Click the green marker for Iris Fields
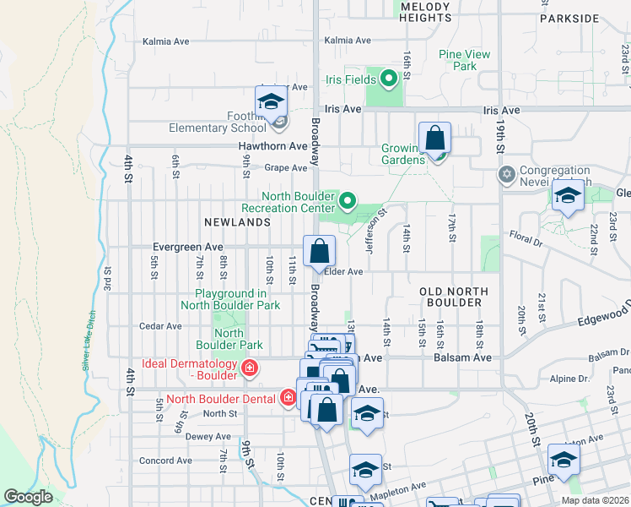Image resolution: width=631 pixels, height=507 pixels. (389, 79)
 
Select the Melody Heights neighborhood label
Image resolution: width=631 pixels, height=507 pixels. (425, 12)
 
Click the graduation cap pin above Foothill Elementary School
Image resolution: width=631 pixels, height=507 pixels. (271, 102)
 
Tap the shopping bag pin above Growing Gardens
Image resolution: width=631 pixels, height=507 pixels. (434, 137)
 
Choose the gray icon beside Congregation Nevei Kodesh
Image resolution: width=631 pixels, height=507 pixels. (506, 175)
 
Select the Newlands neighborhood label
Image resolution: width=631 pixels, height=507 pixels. (237, 222)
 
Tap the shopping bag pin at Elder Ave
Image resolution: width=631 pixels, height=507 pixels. (320, 251)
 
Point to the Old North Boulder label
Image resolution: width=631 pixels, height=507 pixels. (454, 297)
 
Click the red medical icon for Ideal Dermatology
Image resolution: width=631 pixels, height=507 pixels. (249, 368)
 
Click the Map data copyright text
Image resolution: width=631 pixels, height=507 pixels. (595, 500)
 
